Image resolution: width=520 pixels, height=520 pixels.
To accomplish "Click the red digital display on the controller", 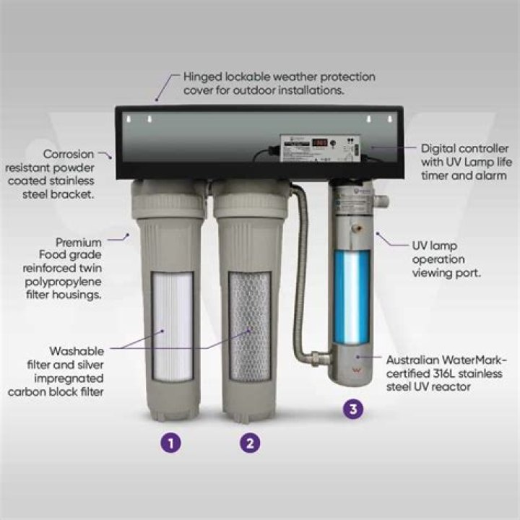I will point(320,143).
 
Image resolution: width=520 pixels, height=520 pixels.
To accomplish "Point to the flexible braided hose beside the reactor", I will point(298,274).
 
